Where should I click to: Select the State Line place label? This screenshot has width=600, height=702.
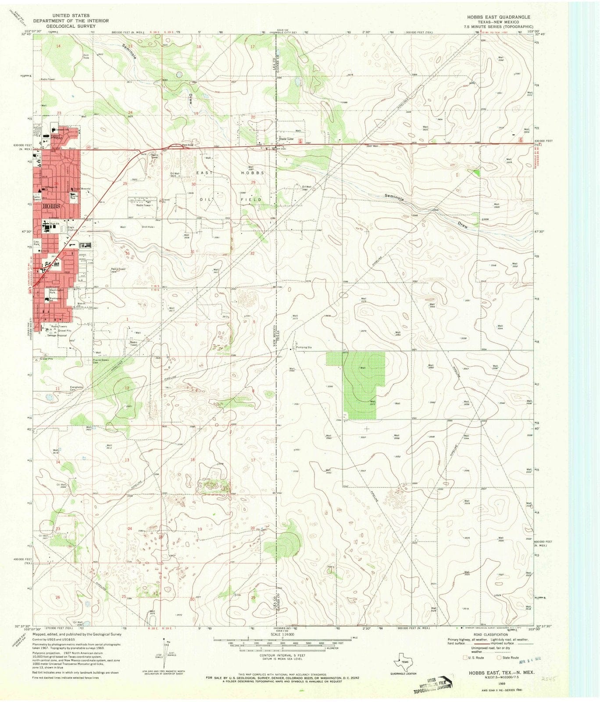pos(286,139)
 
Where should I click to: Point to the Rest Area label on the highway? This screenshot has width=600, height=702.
pos(188,145)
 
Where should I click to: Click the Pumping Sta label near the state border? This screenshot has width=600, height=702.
pos(304,347)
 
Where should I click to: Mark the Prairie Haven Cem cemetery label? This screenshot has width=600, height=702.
pos(100,361)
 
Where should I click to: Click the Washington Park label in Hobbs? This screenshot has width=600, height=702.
pos(56,291)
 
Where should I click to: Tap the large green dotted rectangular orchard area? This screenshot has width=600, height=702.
pos(355,383)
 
